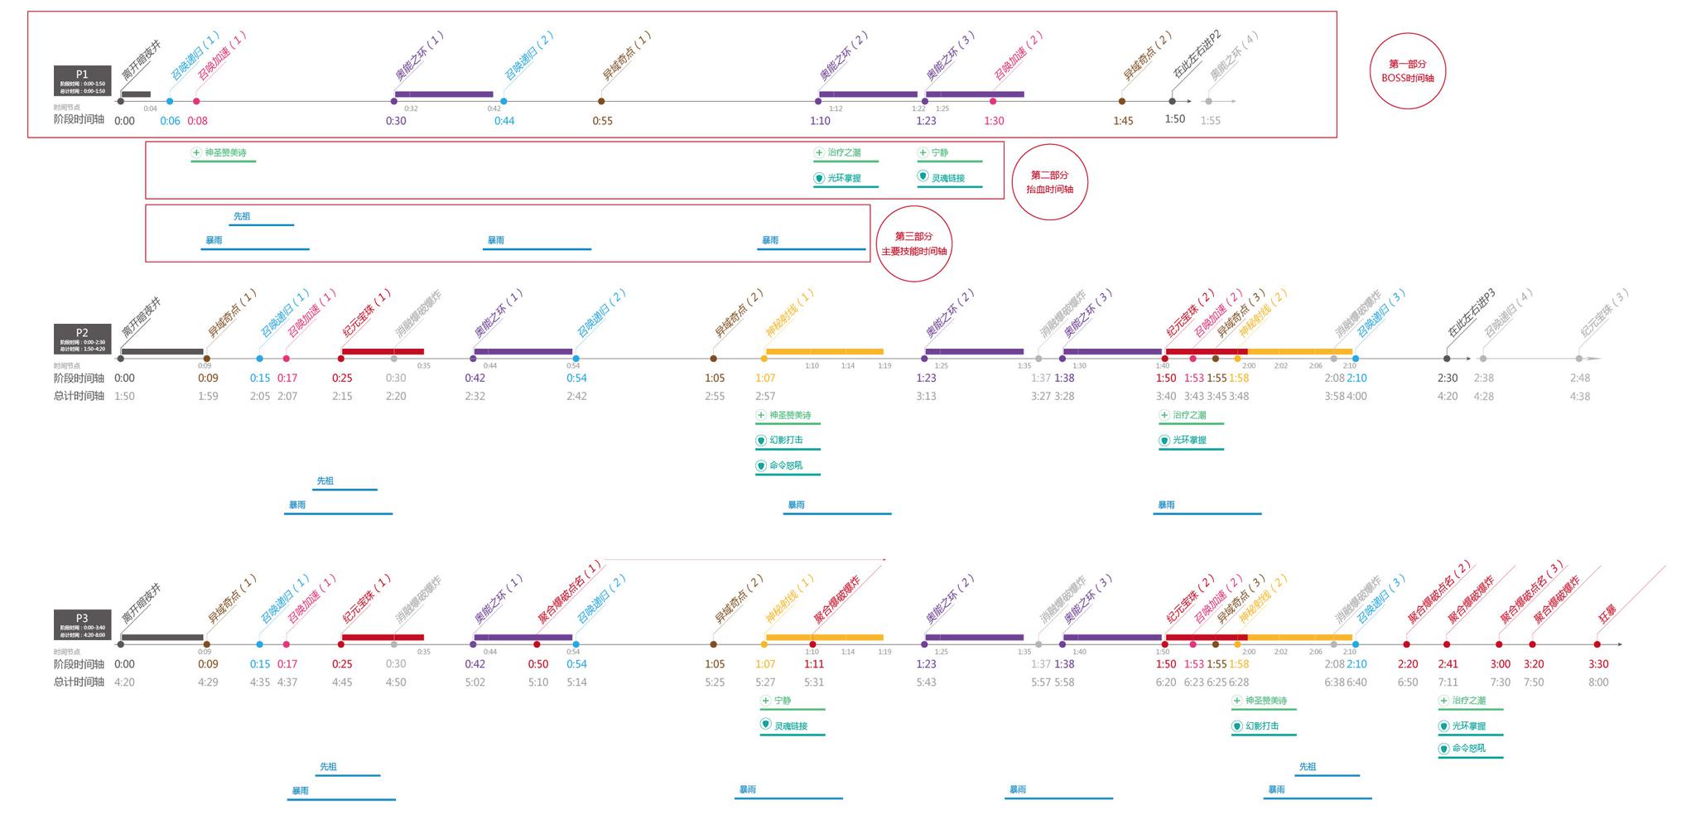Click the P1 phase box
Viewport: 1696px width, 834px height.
tap(82, 81)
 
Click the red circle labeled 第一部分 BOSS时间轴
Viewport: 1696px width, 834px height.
tap(1407, 70)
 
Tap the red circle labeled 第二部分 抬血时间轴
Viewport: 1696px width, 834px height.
tap(1049, 182)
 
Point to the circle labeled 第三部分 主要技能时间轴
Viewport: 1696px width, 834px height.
tap(913, 243)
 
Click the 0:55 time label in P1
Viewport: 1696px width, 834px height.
tap(602, 121)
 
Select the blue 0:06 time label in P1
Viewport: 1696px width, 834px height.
tap(170, 121)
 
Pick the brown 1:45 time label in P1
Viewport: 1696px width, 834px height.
tap(1123, 121)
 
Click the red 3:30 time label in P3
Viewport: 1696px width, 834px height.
tap(1598, 664)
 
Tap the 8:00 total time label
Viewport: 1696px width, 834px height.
tap(1598, 682)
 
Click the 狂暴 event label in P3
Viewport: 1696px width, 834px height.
tap(1607, 615)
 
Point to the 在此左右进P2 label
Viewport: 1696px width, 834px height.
tap(1197, 55)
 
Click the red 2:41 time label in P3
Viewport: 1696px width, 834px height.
tap(1448, 664)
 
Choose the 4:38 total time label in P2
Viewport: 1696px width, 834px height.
tap(1579, 396)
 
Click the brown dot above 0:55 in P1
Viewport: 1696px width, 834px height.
tap(601, 101)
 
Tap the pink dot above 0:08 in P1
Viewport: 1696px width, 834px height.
tap(196, 101)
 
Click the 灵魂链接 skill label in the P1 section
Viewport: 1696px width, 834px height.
tap(947, 178)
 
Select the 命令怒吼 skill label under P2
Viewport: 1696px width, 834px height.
tap(785, 465)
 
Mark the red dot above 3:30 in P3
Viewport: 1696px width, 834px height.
tap(1597, 644)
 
